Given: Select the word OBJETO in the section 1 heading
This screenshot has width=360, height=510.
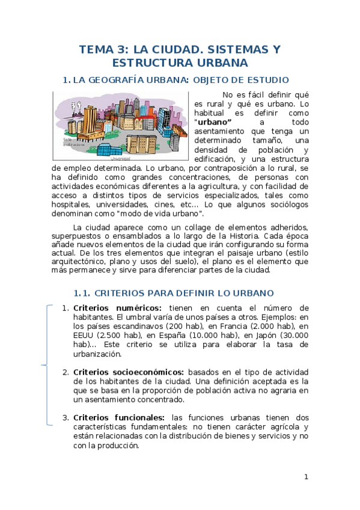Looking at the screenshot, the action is point(210,80).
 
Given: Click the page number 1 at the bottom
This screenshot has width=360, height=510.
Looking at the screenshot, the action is point(306,477).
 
